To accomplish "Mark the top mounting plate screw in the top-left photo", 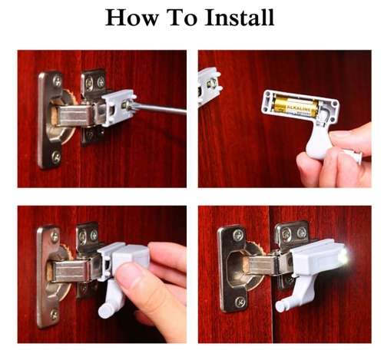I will (x=56, y=80).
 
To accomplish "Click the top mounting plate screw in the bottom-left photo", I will (x=54, y=234).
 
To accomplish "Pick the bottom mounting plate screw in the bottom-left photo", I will (x=53, y=315).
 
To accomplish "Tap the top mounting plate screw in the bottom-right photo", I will (x=235, y=235).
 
